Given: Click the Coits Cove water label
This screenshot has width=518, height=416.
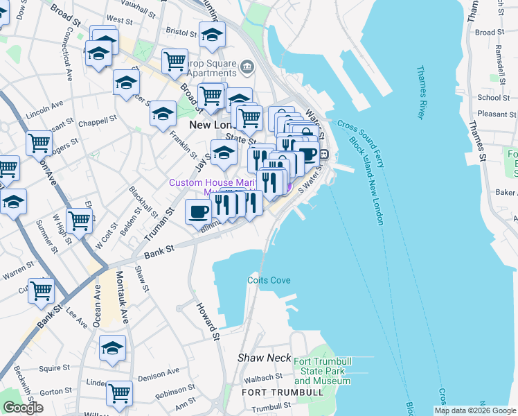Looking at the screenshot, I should pos(269,280).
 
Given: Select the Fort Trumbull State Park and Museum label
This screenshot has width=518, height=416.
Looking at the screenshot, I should pos(322,371).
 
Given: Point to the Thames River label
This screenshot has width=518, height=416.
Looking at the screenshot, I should pos(424,92).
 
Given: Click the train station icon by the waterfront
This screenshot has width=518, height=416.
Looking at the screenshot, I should pos(323,155).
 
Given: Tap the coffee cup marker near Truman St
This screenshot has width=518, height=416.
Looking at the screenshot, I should pos(199,211).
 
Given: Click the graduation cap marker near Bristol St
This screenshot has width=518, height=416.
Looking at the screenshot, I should pos(212,34).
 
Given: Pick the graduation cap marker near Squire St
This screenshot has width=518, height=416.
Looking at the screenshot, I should pos(112,349).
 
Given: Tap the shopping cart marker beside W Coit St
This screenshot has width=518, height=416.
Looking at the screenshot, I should pos(80,220).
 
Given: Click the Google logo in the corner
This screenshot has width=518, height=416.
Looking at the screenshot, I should pos(23,408).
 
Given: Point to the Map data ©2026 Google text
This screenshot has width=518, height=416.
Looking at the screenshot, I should pos(474,410).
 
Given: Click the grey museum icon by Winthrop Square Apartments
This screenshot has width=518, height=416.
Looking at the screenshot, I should pos(247,67).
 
